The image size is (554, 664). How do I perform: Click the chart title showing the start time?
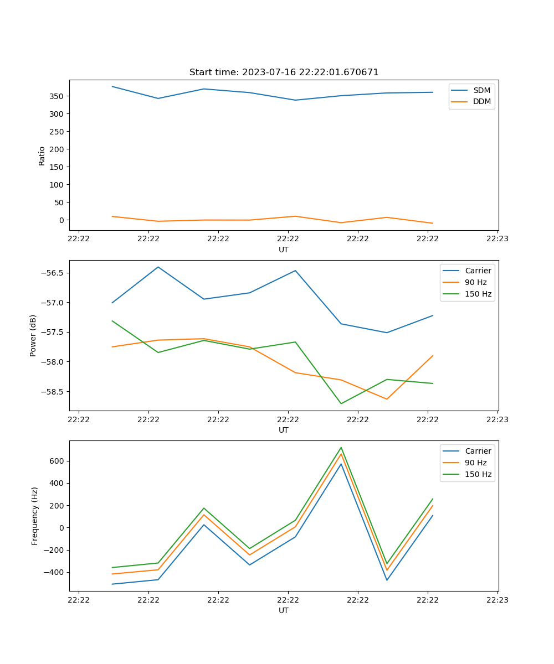click(x=284, y=72)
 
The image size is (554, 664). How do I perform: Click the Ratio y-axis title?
click(x=42, y=155)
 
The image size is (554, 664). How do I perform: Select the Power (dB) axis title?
click(x=33, y=335)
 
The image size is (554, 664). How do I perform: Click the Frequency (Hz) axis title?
click(x=34, y=516)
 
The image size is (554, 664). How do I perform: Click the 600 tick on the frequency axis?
click(x=58, y=461)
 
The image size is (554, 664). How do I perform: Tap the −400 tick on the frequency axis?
click(x=55, y=572)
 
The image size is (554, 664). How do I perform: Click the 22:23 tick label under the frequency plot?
click(x=497, y=600)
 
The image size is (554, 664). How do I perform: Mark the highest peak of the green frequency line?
click(x=341, y=448)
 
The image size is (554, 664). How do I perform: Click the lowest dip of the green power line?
click(x=341, y=403)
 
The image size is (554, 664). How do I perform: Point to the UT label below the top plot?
click(x=284, y=250)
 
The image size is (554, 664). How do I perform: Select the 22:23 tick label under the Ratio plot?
click(x=497, y=239)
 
